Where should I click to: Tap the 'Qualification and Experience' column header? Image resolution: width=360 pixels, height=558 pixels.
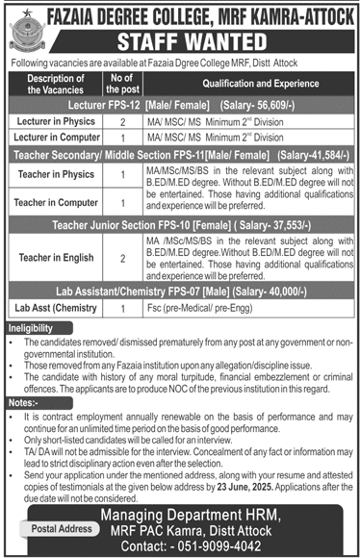pyautogui.click(x=245, y=83)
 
